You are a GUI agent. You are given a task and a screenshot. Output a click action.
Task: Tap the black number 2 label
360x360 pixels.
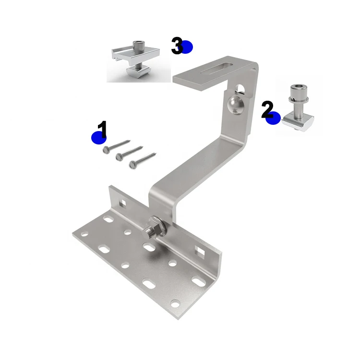point(267,109)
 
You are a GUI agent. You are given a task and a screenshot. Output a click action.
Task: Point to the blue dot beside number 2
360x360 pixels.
point(273,118)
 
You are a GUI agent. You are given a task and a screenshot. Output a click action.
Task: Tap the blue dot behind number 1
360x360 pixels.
point(98,138)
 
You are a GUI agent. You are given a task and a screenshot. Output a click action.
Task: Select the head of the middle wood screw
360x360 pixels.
point(119,156)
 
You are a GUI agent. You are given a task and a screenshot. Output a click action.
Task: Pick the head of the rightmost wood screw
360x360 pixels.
point(132,165)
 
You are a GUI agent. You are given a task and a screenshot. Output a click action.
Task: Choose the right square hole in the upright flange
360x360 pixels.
point(198,250)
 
